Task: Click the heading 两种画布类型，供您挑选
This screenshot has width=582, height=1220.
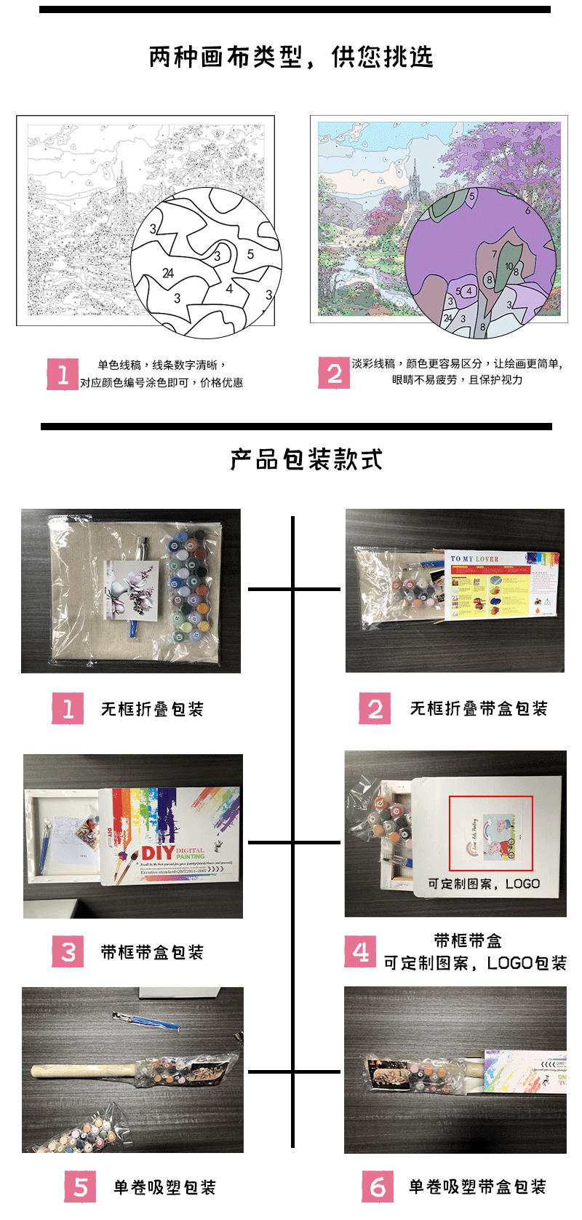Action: click(291, 57)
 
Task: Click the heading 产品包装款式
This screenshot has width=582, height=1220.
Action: click(306, 459)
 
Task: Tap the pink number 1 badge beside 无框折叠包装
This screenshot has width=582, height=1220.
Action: click(68, 708)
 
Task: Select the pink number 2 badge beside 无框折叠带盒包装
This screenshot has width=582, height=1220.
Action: click(375, 708)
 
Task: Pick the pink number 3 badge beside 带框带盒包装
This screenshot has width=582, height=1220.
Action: click(68, 951)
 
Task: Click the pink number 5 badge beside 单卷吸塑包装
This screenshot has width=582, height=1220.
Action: click(80, 1187)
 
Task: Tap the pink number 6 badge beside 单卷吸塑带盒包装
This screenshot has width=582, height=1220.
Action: click(378, 1187)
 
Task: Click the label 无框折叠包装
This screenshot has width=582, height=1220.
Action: click(152, 709)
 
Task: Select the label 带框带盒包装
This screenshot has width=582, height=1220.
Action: click(152, 952)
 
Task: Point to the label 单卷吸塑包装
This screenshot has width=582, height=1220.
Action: click(164, 1188)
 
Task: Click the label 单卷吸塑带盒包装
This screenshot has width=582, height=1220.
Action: click(477, 1187)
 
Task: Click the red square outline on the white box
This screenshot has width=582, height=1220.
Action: click(490, 833)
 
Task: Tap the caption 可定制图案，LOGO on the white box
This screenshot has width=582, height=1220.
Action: click(483, 884)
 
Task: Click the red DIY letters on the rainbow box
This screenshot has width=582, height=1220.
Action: click(157, 852)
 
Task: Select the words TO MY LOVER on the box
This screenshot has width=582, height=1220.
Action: click(474, 559)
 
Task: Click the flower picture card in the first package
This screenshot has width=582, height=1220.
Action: click(132, 590)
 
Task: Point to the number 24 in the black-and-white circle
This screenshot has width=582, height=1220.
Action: click(168, 273)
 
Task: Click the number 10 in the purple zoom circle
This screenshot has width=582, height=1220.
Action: click(509, 266)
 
